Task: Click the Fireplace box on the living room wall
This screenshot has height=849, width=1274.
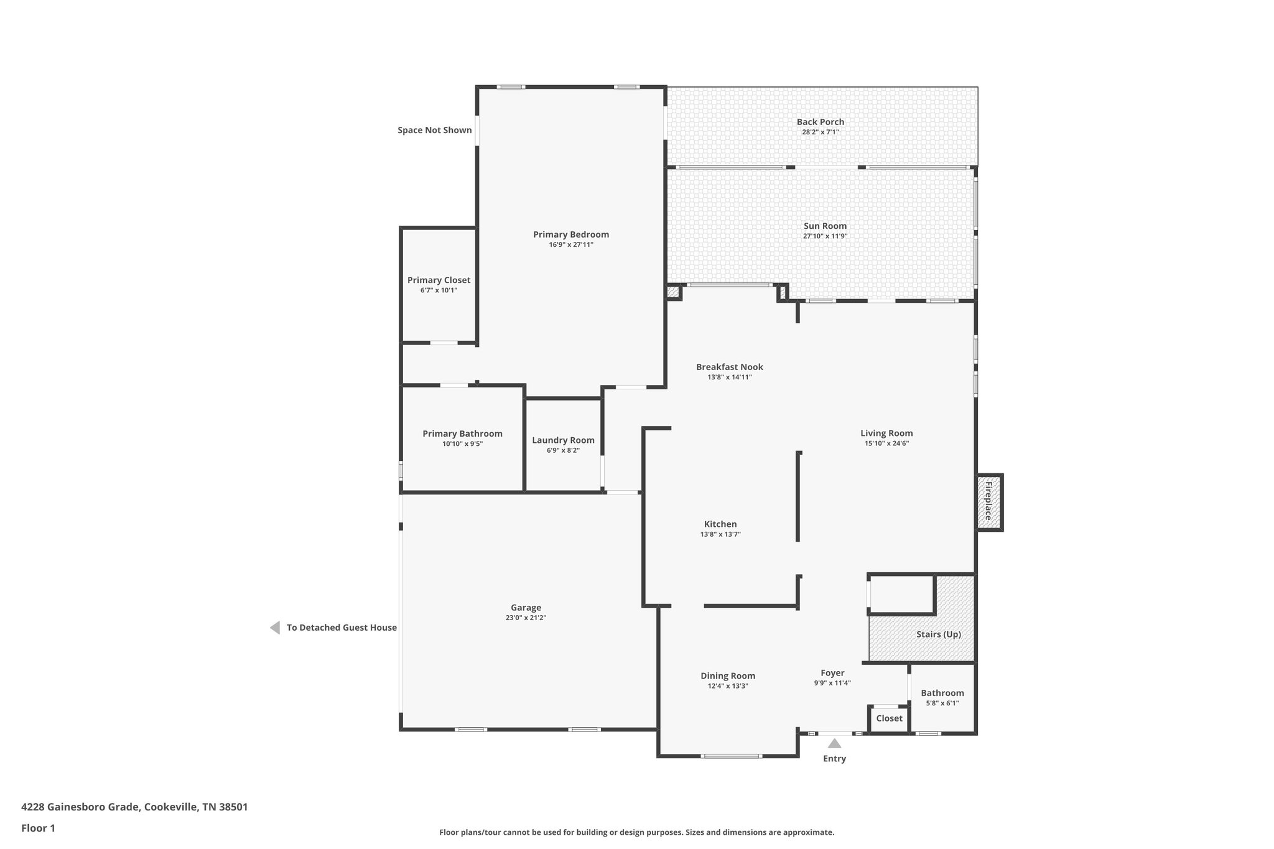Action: click(989, 502)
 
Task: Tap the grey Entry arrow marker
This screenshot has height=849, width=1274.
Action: click(834, 743)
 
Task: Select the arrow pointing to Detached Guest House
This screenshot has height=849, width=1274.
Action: click(275, 628)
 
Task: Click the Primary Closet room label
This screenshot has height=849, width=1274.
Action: click(439, 280)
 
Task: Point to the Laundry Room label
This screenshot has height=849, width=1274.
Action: click(563, 440)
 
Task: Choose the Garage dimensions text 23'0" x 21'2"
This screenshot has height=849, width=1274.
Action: click(526, 618)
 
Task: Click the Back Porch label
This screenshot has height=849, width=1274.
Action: click(821, 122)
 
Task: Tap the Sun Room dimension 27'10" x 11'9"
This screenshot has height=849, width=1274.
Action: click(825, 236)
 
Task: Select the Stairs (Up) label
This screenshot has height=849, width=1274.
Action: click(939, 634)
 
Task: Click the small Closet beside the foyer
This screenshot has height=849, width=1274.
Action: click(889, 718)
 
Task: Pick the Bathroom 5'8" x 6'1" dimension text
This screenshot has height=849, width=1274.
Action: click(942, 703)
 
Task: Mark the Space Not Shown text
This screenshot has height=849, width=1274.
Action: click(435, 131)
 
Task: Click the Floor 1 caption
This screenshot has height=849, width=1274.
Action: click(38, 828)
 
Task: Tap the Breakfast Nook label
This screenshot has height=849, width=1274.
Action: click(730, 367)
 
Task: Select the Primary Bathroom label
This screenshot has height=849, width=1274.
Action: click(462, 434)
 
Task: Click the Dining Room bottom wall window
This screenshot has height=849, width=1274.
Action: click(731, 756)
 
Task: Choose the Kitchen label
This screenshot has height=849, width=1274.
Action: click(720, 524)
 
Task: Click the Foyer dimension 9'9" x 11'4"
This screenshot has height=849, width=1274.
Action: click(832, 683)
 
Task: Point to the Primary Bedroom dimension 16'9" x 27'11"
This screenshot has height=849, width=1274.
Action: click(571, 245)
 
